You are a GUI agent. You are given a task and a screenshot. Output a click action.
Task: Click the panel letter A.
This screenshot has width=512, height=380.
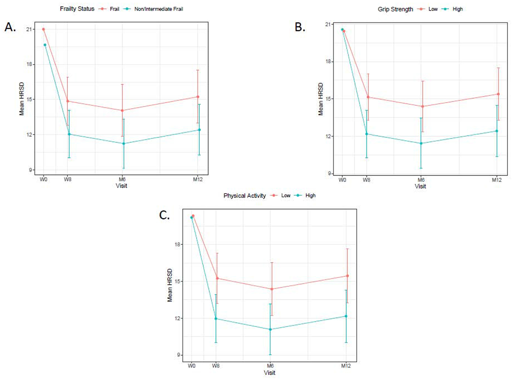point(11,28)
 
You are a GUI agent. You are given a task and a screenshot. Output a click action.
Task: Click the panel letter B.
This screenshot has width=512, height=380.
point(301,27)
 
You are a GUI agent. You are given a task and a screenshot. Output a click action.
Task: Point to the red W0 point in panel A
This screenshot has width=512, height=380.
point(43,29)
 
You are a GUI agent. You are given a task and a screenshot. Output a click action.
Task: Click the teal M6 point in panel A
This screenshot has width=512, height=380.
point(123,143)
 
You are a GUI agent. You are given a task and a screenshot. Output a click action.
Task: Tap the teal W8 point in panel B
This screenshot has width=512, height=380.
point(367,134)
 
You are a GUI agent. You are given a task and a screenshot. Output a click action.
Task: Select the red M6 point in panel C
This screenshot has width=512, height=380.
point(271,289)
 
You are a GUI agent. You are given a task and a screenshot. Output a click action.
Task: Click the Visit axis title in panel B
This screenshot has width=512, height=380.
point(420,186)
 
